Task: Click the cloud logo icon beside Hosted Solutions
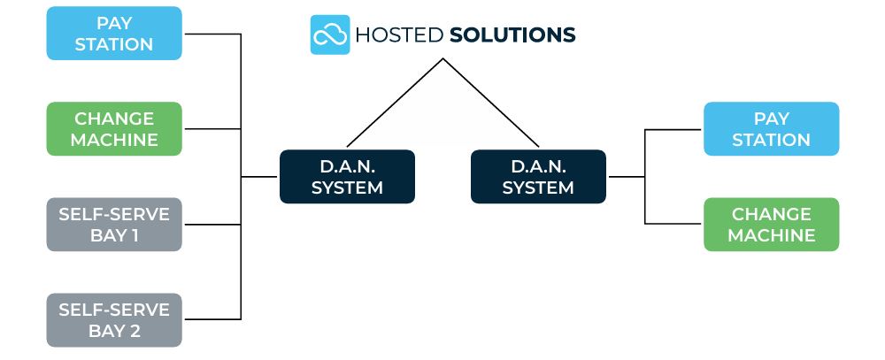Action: (x=330, y=34)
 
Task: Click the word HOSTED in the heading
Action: (x=399, y=35)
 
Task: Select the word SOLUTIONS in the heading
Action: (x=512, y=35)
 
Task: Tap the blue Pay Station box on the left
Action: (x=114, y=34)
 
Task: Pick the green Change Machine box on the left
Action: (x=114, y=129)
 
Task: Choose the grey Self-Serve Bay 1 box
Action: (x=114, y=225)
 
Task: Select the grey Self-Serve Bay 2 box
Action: (x=114, y=320)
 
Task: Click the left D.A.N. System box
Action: (x=347, y=177)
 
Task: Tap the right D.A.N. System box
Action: (x=538, y=177)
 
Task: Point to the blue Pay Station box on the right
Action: (x=771, y=129)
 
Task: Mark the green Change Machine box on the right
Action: (x=771, y=225)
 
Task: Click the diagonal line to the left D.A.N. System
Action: (x=395, y=103)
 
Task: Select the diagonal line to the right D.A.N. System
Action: (x=491, y=103)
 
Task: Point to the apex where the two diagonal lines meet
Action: (x=443, y=59)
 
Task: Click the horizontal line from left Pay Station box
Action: (x=212, y=34)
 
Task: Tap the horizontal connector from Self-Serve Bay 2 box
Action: (x=212, y=318)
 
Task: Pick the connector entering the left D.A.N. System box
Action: (x=260, y=177)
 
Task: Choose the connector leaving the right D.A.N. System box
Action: (x=627, y=177)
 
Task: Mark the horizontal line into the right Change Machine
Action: (x=674, y=224)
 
